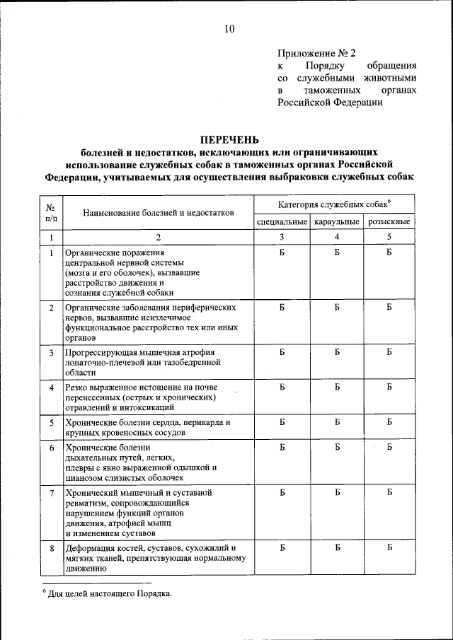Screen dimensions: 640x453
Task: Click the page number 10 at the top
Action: [x=229, y=28]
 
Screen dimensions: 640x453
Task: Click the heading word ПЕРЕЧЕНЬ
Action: [x=229, y=139]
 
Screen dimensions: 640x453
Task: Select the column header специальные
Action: [x=282, y=222]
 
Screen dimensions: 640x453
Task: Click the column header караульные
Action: [x=337, y=222]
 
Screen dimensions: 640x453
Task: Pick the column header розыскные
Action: [x=389, y=222]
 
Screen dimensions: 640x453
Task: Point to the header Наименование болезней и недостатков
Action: [x=159, y=213]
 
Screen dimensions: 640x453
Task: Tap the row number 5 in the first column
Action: [x=51, y=423]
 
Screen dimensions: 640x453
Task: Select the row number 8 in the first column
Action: [x=51, y=548]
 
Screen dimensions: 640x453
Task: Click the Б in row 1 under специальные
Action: [x=282, y=252]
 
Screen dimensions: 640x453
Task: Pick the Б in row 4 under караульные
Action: [x=337, y=388]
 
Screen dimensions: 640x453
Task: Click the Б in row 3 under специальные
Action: [x=282, y=351]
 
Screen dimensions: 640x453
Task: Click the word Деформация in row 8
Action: [x=89, y=548]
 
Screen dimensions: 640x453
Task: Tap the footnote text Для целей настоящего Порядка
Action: [x=110, y=594]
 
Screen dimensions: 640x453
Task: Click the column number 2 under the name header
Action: [x=159, y=237]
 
